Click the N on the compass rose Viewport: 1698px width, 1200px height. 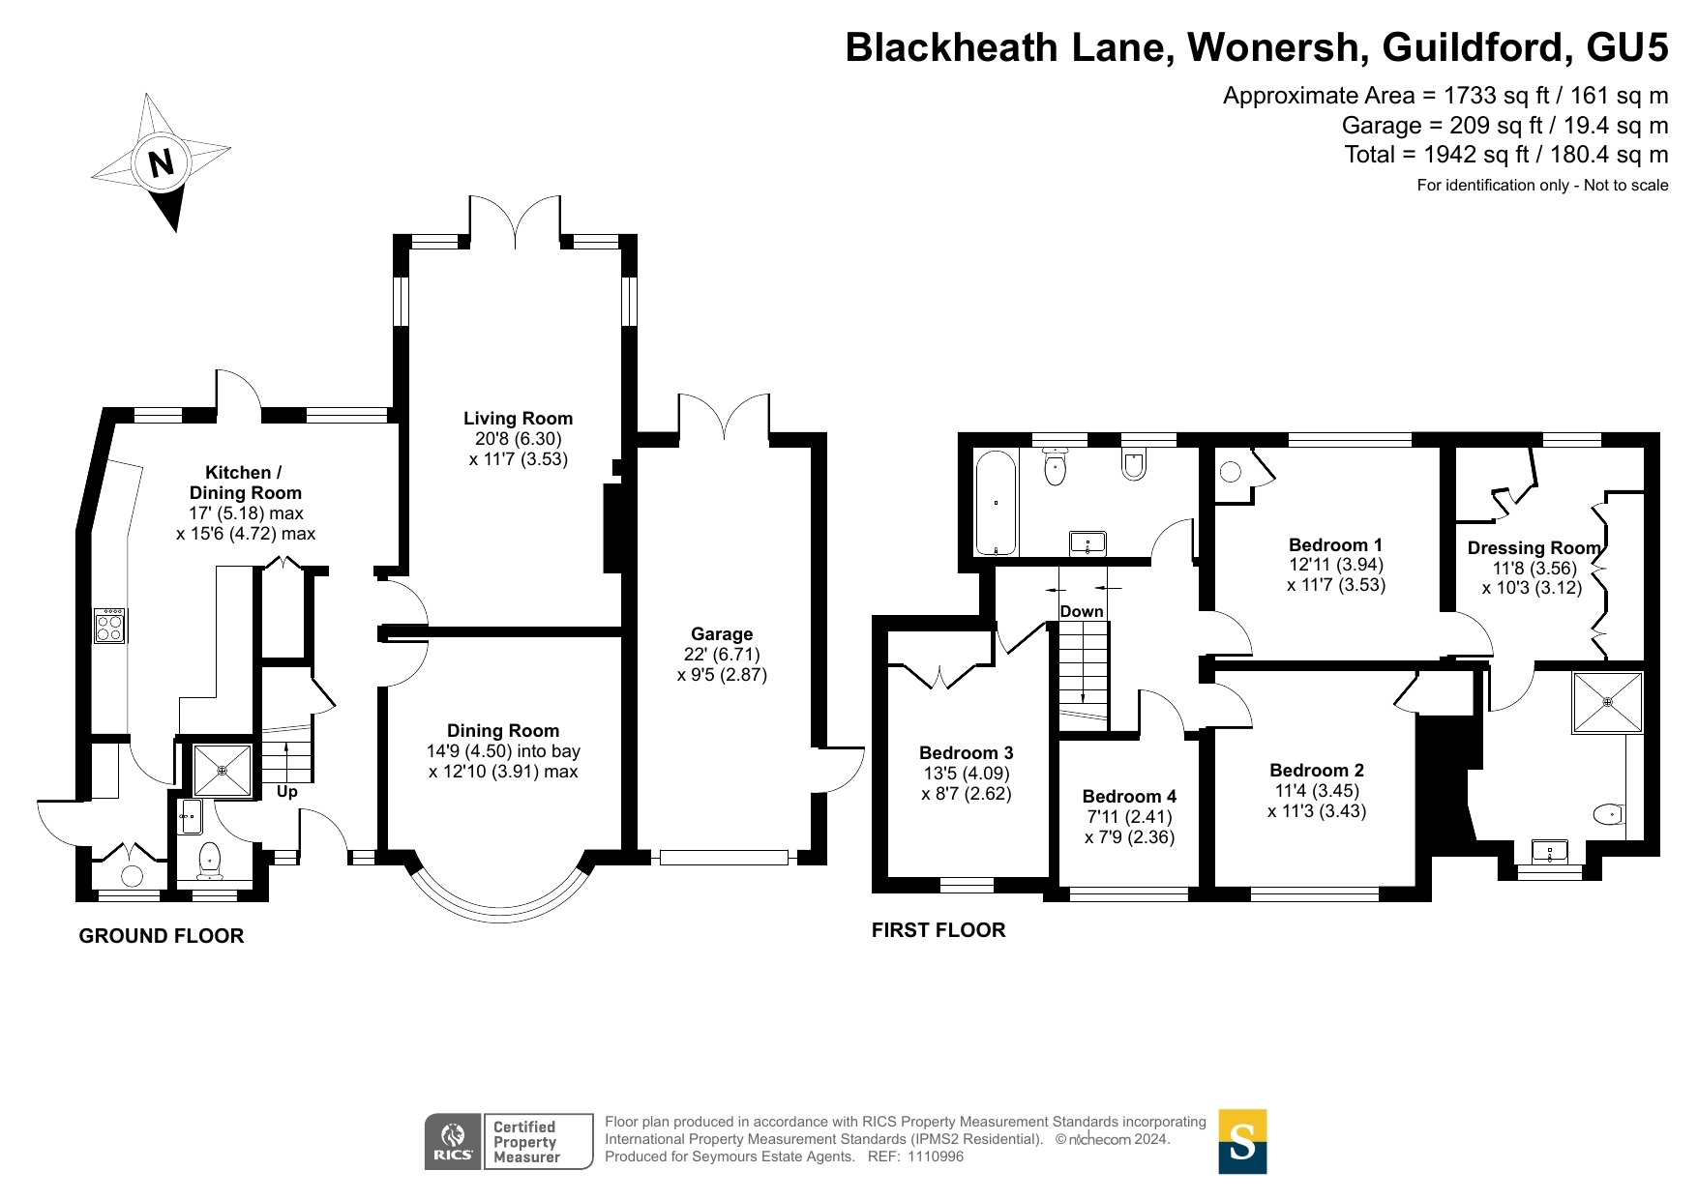[x=161, y=162]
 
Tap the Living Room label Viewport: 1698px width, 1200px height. [x=518, y=419]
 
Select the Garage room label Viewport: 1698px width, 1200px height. [x=722, y=634]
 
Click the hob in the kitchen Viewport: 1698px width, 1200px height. [x=109, y=626]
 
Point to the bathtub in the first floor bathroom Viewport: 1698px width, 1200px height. [x=996, y=502]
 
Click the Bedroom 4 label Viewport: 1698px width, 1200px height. [x=1129, y=797]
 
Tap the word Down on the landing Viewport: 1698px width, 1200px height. [x=1082, y=611]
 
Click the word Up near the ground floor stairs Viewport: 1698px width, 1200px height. [x=287, y=792]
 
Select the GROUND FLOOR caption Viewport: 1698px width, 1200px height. [x=162, y=936]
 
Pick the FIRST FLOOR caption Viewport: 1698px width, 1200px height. [x=938, y=930]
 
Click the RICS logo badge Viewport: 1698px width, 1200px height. [x=453, y=1141]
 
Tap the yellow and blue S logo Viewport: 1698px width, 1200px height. [x=1242, y=1141]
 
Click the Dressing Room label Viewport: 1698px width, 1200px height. [x=1534, y=548]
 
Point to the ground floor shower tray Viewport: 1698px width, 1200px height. [x=223, y=771]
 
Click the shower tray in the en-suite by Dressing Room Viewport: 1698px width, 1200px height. [x=1607, y=701]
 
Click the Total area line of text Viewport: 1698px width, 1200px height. [x=1505, y=155]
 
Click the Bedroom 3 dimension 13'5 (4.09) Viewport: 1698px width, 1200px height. [x=966, y=774]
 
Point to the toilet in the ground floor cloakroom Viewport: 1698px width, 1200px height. [x=209, y=858]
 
